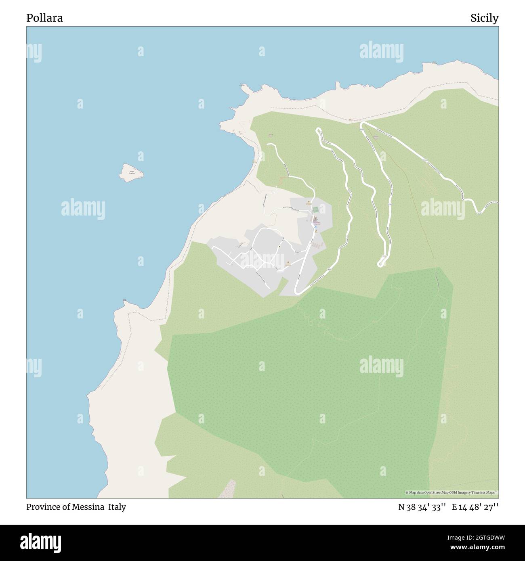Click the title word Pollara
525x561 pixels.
point(44,18)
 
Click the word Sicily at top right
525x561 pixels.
point(484,18)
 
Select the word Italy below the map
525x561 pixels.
point(117,507)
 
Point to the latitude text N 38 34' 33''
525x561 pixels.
point(422,507)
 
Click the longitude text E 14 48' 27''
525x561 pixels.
point(475,507)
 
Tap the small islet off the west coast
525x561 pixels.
point(131,172)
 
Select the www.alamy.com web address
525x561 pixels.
point(475,548)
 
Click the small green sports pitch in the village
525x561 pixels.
point(315,209)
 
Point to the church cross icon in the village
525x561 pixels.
point(315,219)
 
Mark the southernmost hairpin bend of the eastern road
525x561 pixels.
point(380,264)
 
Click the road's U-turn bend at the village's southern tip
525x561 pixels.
point(296,291)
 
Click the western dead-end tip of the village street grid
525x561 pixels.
point(212,247)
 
